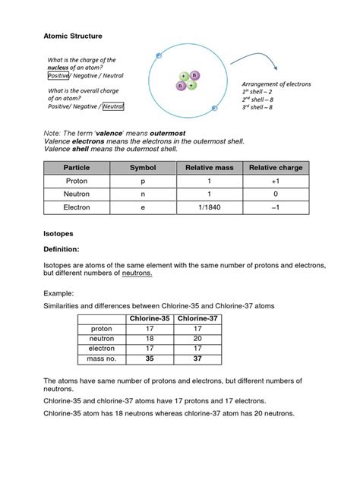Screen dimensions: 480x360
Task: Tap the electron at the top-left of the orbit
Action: [x=159, y=55]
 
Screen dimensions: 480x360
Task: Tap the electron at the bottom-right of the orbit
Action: [x=215, y=108]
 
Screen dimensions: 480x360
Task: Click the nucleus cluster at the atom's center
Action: [x=188, y=81]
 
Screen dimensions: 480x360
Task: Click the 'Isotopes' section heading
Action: [x=59, y=235]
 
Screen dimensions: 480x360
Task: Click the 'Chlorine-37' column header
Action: [x=198, y=318]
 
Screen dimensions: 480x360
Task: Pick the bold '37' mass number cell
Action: [x=198, y=358]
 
